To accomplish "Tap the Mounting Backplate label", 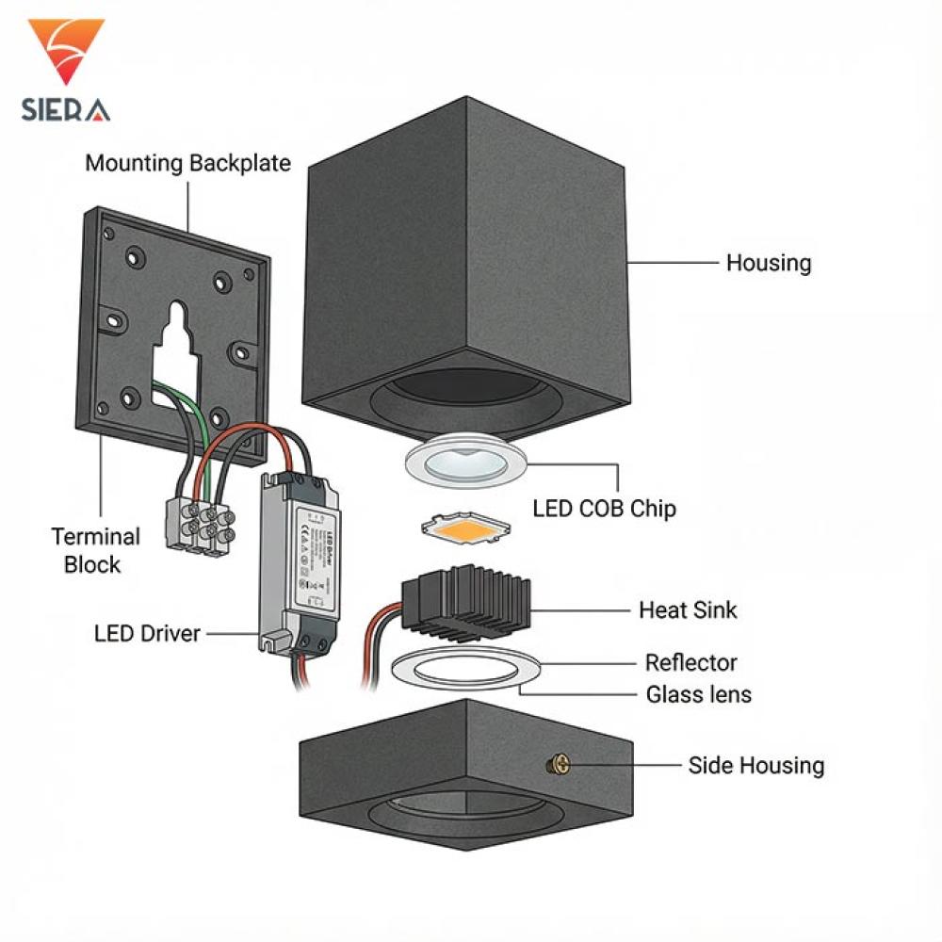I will [x=187, y=163].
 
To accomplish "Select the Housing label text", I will [x=768, y=263].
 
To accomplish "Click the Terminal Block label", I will [x=95, y=551].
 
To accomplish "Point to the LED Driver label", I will [x=147, y=633].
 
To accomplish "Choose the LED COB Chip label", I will [x=604, y=509].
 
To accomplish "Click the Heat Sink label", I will [x=688, y=609].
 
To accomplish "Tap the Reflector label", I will [x=690, y=662].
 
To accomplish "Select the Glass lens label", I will [x=698, y=695].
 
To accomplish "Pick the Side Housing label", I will [x=755, y=766].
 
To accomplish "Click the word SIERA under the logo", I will [x=65, y=109].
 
